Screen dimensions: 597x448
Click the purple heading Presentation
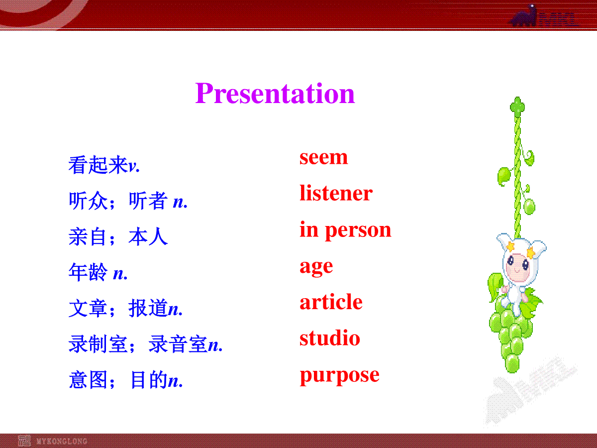pos(275,93)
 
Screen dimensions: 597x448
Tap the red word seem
pos(324,157)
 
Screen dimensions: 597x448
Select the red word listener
pos(336,193)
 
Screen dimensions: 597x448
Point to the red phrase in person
pos(345,230)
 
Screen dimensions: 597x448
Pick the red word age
pos(316,267)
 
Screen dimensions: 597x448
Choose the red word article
pos(331,302)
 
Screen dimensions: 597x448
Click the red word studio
pos(330,337)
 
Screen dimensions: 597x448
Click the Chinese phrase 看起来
pos(98,165)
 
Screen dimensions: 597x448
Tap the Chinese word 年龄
pos(88,272)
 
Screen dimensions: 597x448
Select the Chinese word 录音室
pos(178,344)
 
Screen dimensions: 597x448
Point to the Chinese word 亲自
pos(88,236)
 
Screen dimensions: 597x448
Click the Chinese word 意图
pos(88,380)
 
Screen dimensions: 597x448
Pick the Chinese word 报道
pos(148,308)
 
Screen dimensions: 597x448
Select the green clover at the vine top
pos(517,107)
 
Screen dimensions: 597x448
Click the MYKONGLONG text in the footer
pos(62,441)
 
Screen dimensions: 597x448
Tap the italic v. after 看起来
pos(134,166)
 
